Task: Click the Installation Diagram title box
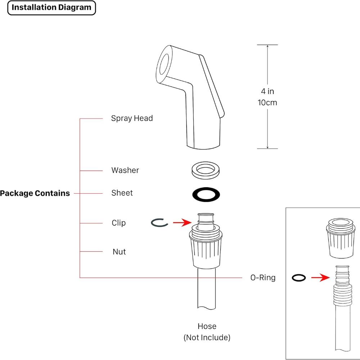pyautogui.click(x=51, y=8)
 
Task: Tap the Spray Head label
pyautogui.click(x=132, y=118)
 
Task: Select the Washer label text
pyautogui.click(x=125, y=170)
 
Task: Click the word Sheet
pyautogui.click(x=122, y=193)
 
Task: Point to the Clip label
pyautogui.click(x=119, y=223)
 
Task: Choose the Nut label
pyautogui.click(x=119, y=252)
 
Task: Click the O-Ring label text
pyautogui.click(x=263, y=278)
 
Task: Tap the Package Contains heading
pyautogui.click(x=35, y=193)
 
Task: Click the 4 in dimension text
pyautogui.click(x=267, y=91)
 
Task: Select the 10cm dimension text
pyautogui.click(x=267, y=103)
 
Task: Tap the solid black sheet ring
pyautogui.click(x=206, y=194)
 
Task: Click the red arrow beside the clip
pyautogui.click(x=182, y=223)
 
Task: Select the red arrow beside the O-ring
pyautogui.click(x=320, y=278)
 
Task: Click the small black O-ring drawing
pyautogui.click(x=299, y=278)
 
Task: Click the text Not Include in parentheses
pyautogui.click(x=207, y=337)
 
